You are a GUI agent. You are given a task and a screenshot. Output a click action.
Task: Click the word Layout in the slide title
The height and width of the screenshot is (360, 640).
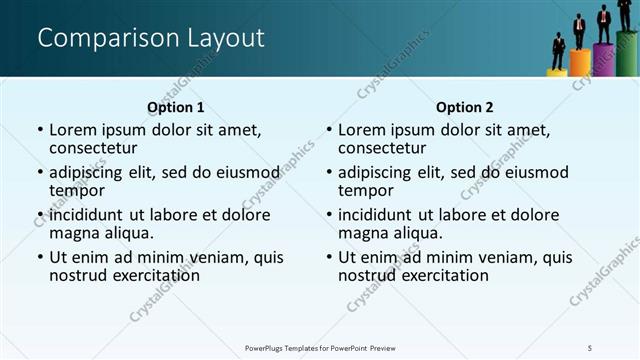click(225, 39)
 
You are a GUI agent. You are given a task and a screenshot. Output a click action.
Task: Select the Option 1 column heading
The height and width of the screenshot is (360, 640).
click(176, 107)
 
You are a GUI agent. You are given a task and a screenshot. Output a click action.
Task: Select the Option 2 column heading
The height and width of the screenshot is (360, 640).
click(465, 107)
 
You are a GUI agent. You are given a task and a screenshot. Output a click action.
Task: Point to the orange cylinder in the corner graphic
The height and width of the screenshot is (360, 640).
click(580, 63)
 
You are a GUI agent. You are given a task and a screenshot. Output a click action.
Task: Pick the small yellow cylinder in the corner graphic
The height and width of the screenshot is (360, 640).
click(557, 72)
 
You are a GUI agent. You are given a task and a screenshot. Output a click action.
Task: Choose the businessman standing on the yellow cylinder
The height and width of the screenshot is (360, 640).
click(558, 51)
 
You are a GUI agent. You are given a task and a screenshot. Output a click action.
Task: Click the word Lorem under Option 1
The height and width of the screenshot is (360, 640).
click(72, 130)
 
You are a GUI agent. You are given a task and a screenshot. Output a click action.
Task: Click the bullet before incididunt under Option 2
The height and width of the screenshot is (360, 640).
click(329, 215)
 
